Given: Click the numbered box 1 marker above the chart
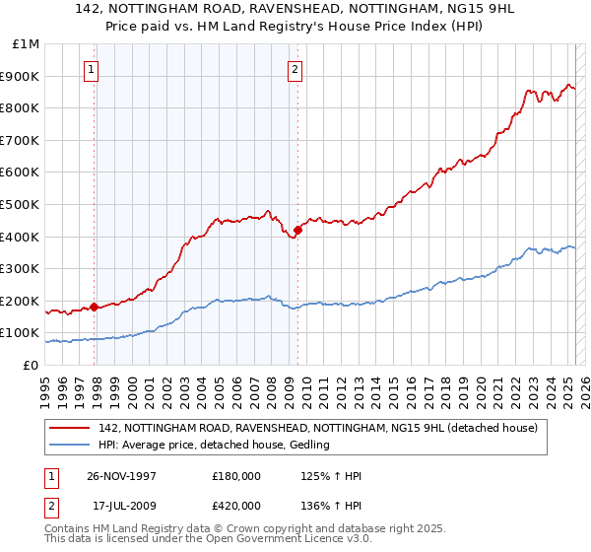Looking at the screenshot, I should coord(91,70).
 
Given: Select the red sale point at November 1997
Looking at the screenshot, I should coord(95,307).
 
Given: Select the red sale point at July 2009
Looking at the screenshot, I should coord(297,230).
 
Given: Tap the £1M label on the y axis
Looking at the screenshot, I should coord(27,44).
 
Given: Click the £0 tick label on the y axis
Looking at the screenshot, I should coord(32,365).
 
